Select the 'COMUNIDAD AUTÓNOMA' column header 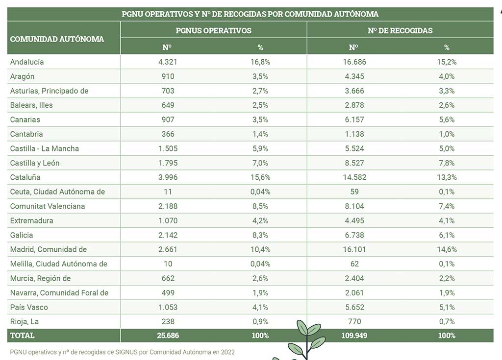pos(57,39)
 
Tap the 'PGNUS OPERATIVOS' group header pos(214,30)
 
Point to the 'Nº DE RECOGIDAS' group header pos(400,30)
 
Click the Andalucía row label pos(27,62)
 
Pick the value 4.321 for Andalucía pos(168,62)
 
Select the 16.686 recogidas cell pos(354,62)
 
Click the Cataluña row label pos(25,177)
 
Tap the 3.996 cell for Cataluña pos(168,177)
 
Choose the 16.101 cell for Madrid pos(354,249)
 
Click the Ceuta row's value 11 pos(168,192)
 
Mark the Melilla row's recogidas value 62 pos(354,264)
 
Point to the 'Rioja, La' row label pos(25,322)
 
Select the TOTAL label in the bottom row pos(22,336)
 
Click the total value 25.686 pos(168,336)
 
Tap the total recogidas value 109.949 pos(354,336)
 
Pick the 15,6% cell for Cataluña pos(260,177)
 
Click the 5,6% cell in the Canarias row pos(447,120)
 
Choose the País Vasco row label pos(29,307)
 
